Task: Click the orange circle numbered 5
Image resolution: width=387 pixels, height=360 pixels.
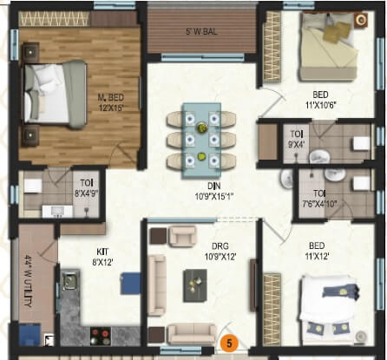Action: [x=230, y=342]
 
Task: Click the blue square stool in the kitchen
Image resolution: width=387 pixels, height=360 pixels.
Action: [x=130, y=283]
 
